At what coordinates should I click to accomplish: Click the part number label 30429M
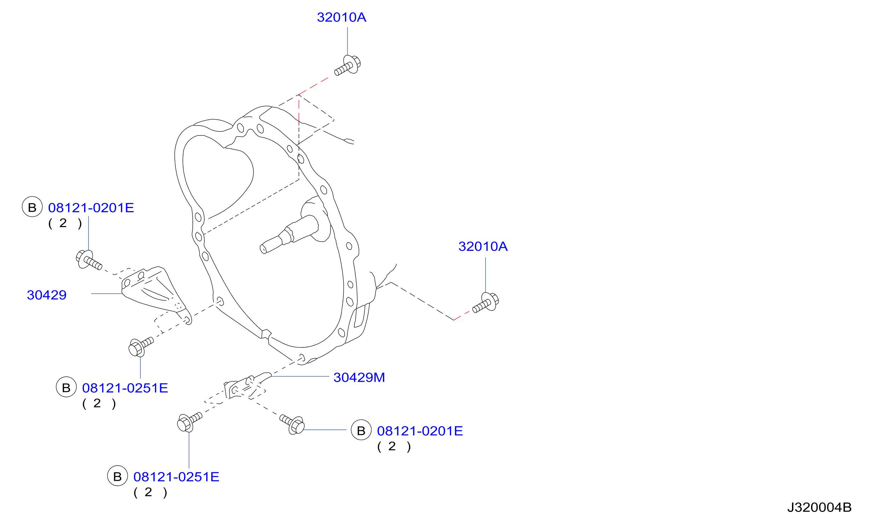pyautogui.click(x=359, y=377)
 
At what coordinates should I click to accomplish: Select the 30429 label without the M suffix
pyautogui.click(x=47, y=295)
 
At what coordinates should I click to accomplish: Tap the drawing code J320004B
pyautogui.click(x=819, y=507)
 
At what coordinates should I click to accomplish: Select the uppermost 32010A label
pyautogui.click(x=342, y=17)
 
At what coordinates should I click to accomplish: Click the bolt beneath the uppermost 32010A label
pyautogui.click(x=348, y=65)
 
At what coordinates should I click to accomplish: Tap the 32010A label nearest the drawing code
pyautogui.click(x=483, y=247)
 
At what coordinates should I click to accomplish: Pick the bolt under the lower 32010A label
pyautogui.click(x=486, y=302)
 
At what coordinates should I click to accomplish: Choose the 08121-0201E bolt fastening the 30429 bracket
pyautogui.click(x=89, y=260)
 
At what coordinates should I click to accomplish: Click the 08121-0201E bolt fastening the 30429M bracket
pyautogui.click(x=292, y=425)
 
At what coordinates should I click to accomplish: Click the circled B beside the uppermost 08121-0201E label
pyautogui.click(x=32, y=207)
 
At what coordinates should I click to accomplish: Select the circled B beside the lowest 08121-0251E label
pyautogui.click(x=117, y=476)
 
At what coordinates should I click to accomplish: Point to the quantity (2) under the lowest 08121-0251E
pyautogui.click(x=150, y=492)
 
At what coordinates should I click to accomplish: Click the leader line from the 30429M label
pyautogui.click(x=300, y=376)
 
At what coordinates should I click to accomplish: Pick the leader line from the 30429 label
pyautogui.click(x=107, y=294)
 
